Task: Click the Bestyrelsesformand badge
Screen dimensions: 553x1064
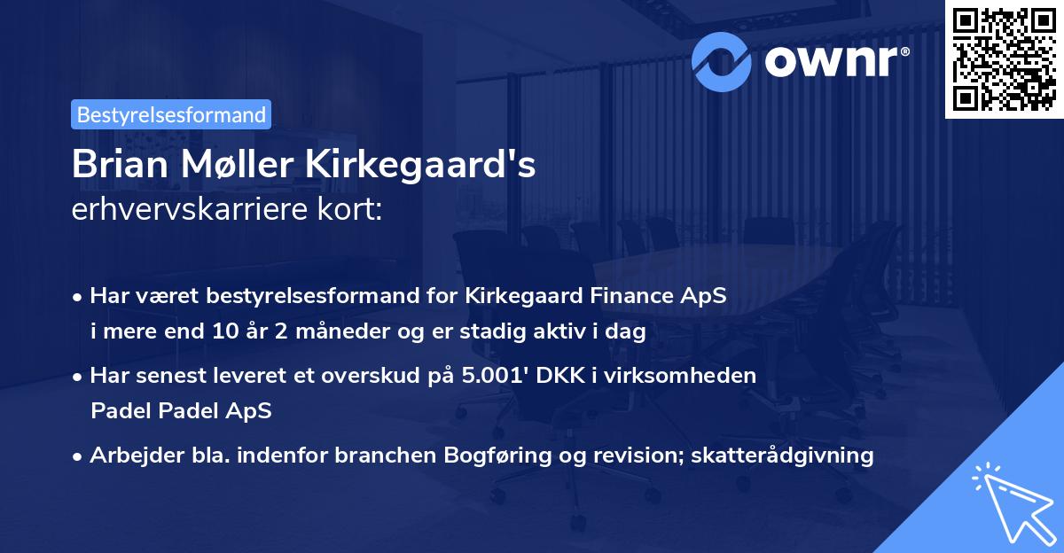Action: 171,114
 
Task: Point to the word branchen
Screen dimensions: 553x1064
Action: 409,456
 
